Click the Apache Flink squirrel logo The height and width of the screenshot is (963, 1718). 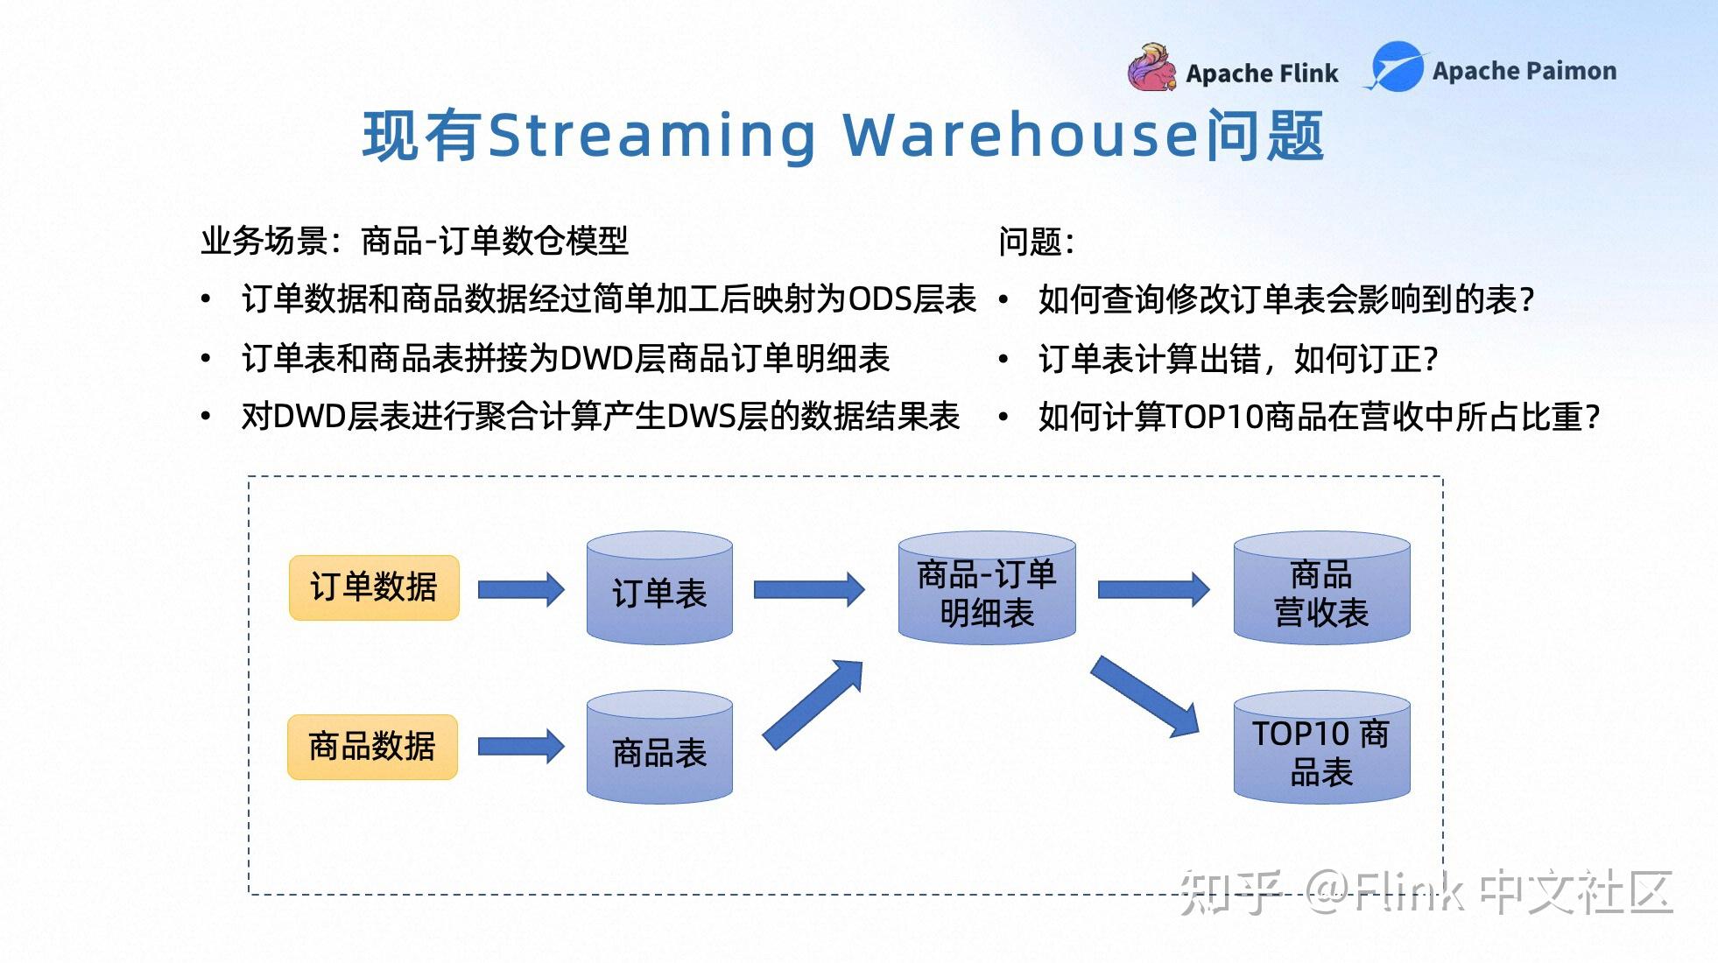1151,67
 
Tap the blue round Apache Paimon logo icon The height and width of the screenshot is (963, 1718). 1397,67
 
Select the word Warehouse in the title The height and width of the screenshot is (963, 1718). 1021,135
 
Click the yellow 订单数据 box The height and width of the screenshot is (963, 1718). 374,587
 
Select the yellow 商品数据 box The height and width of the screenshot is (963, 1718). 372,747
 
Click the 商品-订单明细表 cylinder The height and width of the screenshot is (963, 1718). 987,587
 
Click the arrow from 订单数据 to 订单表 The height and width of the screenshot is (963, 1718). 521,589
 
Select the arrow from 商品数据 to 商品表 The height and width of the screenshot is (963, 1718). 521,747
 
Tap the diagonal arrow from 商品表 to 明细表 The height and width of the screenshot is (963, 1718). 813,705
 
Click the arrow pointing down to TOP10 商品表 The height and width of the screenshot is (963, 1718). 1144,697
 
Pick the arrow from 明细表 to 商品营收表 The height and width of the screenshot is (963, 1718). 1153,589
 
